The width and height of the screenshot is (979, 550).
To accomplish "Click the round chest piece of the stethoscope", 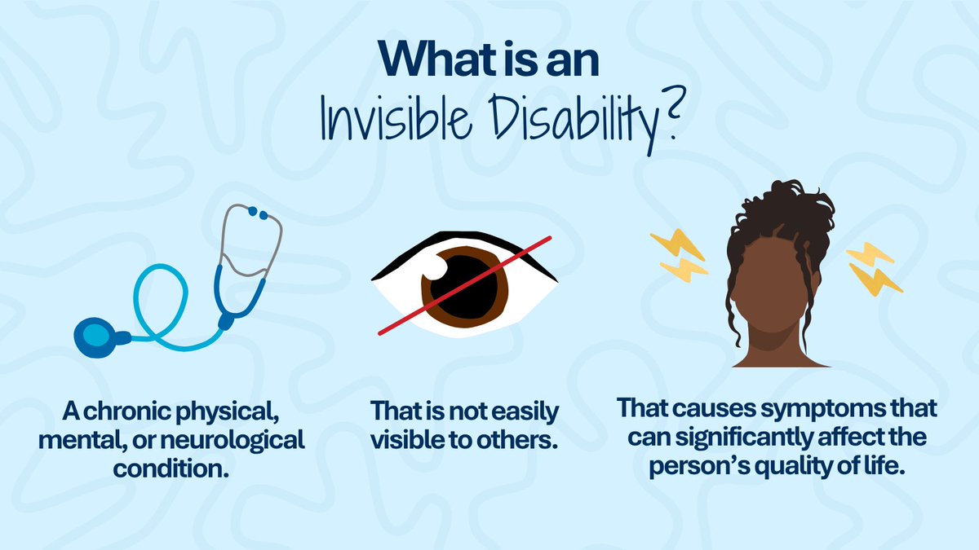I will click(x=95, y=335).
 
